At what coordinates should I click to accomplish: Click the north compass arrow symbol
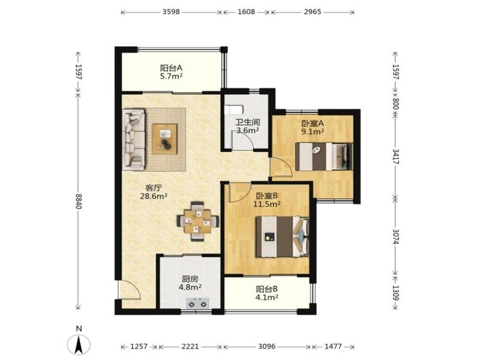(x=79, y=344)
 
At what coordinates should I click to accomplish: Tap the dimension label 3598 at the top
(x=171, y=12)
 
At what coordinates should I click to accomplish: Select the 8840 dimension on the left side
(x=79, y=201)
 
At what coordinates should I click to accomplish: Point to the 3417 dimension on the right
(x=395, y=157)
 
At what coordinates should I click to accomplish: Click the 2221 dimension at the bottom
(x=190, y=347)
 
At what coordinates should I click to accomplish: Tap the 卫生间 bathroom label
(x=248, y=122)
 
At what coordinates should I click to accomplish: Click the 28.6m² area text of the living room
(x=154, y=196)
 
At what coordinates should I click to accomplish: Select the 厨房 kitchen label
(x=190, y=279)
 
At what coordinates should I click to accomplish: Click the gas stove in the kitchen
(x=197, y=303)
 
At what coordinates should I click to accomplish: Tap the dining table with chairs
(x=198, y=221)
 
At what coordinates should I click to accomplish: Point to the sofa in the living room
(x=134, y=139)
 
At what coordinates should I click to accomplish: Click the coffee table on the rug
(x=164, y=139)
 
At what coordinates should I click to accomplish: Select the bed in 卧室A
(x=324, y=157)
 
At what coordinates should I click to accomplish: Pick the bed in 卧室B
(x=282, y=236)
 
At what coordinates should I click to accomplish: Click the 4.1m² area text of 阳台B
(x=267, y=297)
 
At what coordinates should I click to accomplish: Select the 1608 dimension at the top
(x=246, y=12)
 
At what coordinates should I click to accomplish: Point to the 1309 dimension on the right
(x=395, y=293)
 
